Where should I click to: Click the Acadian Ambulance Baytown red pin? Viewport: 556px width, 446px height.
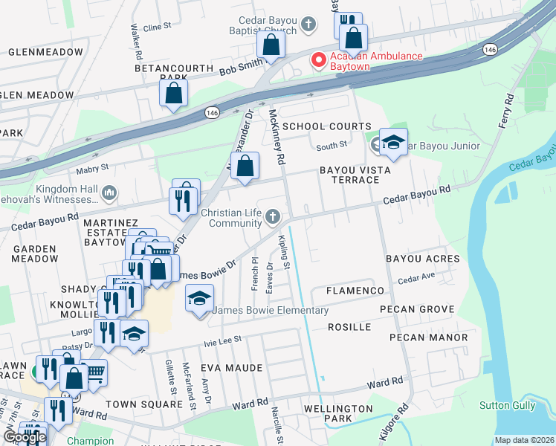(318, 59)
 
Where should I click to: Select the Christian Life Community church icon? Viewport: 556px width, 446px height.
(273, 216)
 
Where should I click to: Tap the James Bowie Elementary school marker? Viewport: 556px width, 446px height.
(198, 300)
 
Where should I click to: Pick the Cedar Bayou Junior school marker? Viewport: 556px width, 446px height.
(392, 143)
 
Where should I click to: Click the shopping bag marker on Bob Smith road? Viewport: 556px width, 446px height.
(271, 45)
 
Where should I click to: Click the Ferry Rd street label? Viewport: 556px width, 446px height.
(506, 110)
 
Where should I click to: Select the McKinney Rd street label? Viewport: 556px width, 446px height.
(277, 138)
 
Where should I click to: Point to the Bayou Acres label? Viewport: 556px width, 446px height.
(422, 259)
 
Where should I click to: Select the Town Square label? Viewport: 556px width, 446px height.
(143, 404)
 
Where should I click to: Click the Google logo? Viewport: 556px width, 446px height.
(25, 437)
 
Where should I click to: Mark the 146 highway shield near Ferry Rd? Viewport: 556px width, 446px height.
(489, 49)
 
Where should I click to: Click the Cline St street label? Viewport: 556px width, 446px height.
(157, 27)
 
